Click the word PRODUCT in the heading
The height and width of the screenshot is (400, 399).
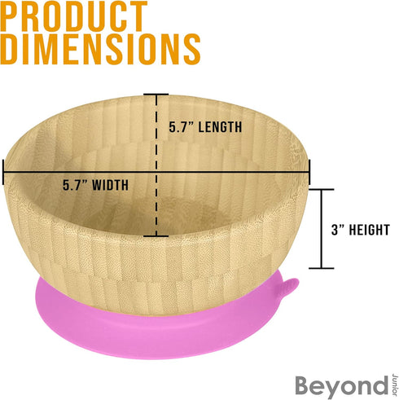74,16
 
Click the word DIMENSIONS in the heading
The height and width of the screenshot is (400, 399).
100,49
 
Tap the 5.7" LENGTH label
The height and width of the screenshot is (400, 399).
205,127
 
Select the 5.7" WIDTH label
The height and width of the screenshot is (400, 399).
95,185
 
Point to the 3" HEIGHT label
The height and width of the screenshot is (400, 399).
361,230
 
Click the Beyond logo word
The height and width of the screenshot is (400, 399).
342,386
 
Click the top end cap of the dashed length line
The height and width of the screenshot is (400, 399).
156,95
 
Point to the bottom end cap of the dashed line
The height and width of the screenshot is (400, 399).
156,236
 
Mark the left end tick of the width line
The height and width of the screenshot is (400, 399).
3,172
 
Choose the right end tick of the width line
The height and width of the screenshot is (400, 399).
309,172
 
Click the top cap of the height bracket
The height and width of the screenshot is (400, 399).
322,189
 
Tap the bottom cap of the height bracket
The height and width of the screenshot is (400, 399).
322,268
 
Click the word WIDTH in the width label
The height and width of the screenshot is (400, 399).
110,185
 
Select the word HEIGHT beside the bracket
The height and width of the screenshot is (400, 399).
370,230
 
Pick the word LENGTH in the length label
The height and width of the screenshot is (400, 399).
220,127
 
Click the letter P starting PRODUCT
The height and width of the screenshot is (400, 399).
10,16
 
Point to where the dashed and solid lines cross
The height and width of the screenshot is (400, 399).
156,172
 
